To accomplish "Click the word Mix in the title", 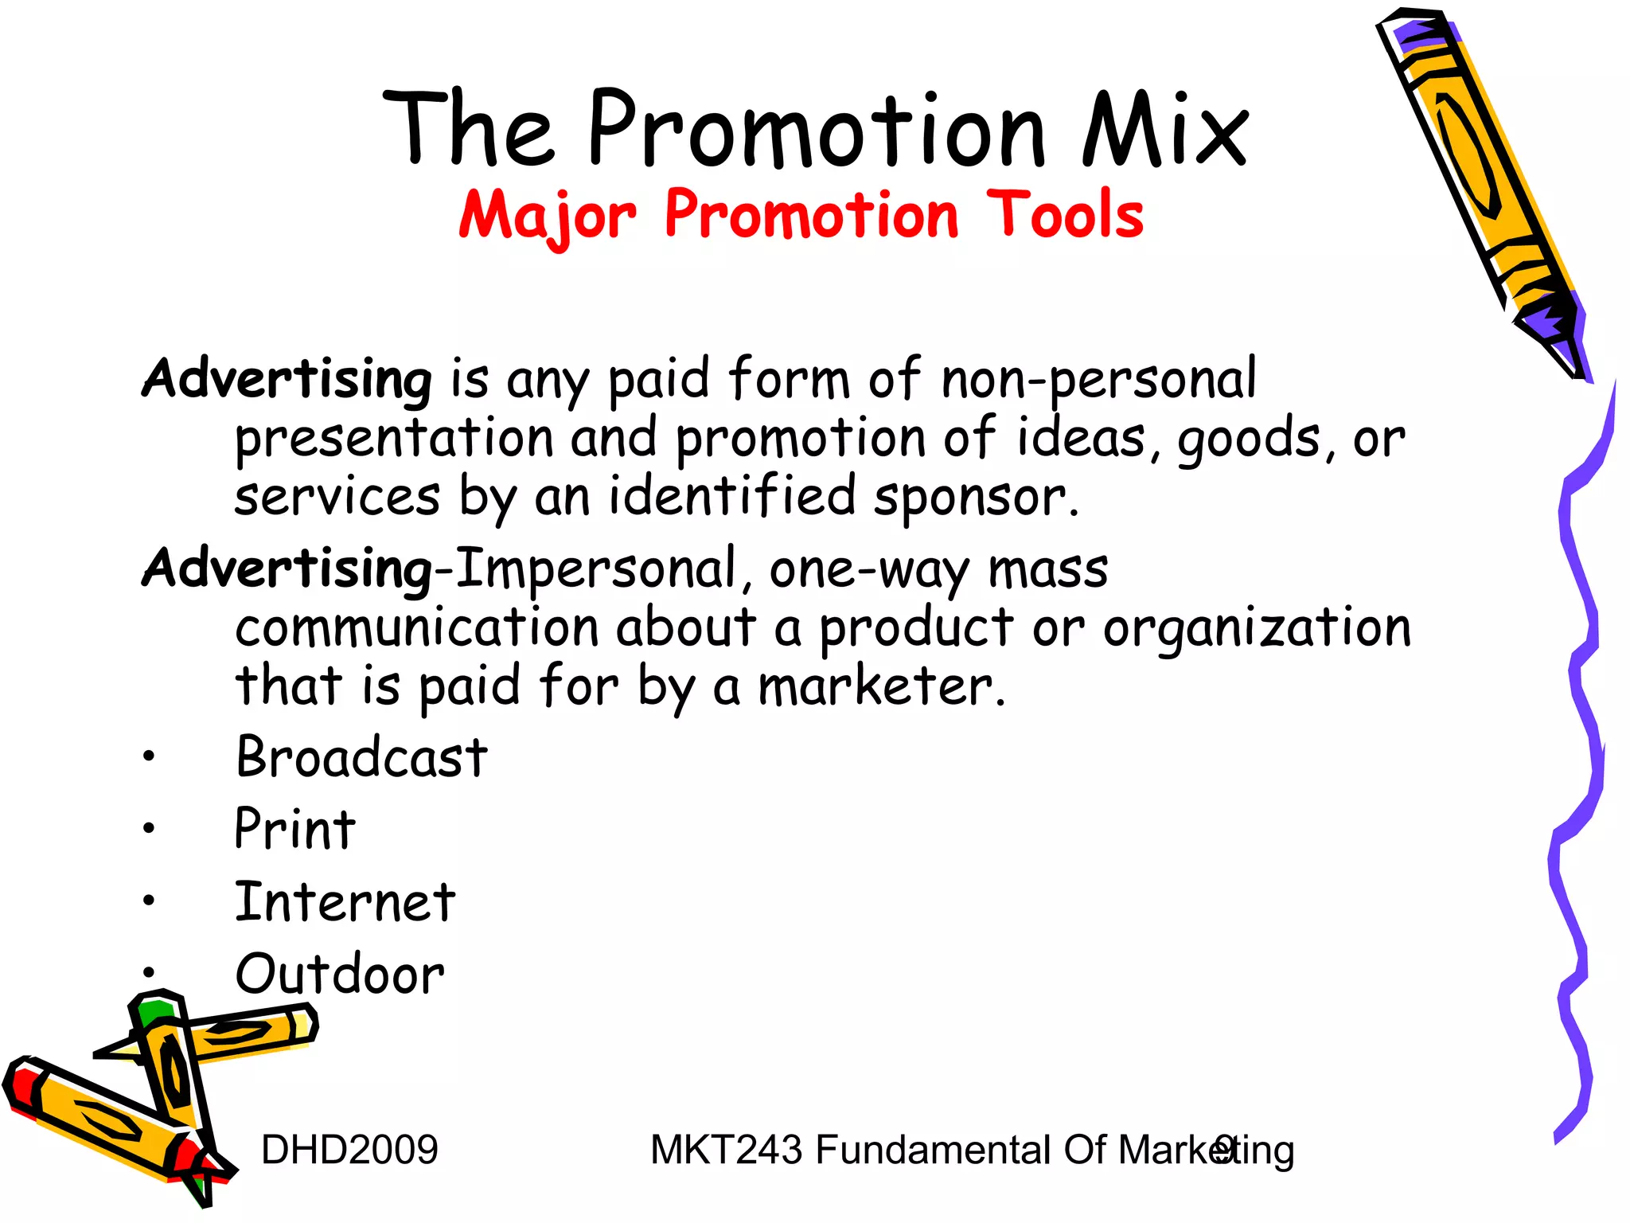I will tap(1164, 129).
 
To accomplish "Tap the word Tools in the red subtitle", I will tap(1065, 215).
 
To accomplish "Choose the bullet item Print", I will tap(294, 829).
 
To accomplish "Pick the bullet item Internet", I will tap(345, 902).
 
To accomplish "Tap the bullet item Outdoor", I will tap(340, 974).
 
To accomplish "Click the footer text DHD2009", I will tap(349, 1150).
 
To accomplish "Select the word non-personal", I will tap(1098, 379).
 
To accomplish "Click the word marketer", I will tap(881, 686).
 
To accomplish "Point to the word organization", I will tap(1257, 628).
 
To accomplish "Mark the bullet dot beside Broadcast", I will tap(149, 757).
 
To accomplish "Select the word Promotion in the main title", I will tap(816, 129).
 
